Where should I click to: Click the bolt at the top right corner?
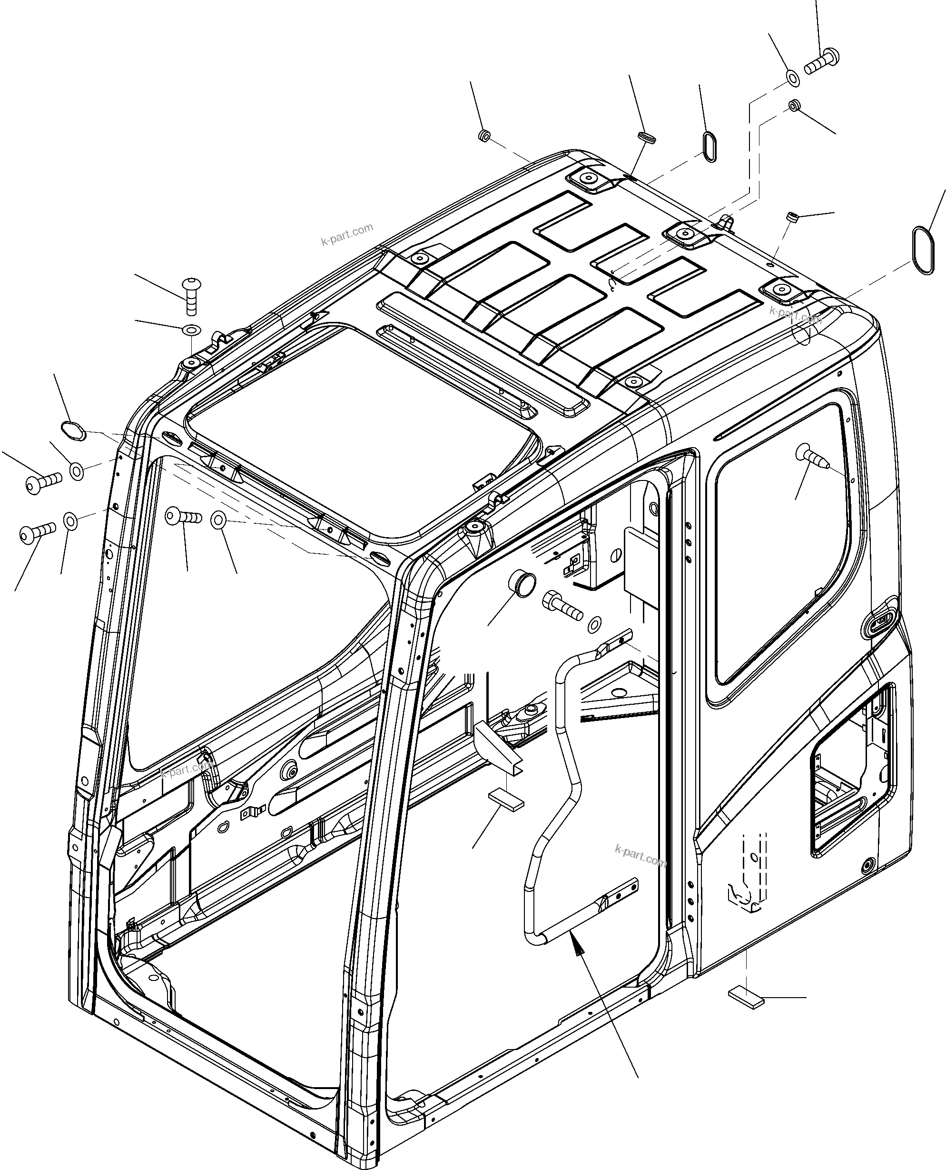pos(821,61)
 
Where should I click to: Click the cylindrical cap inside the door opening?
pos(522,584)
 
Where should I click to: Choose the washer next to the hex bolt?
pos(596,623)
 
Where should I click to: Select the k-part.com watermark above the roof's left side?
pos(347,234)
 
